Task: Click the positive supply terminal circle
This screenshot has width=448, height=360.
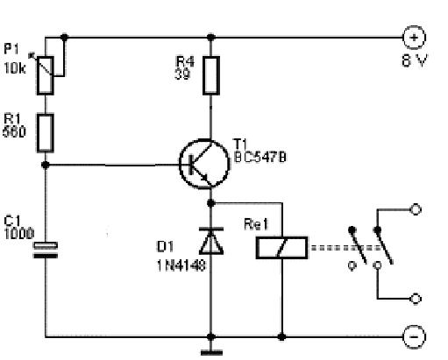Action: point(414,38)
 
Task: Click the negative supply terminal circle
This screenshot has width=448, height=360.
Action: point(414,337)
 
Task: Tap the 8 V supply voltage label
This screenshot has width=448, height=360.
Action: point(415,60)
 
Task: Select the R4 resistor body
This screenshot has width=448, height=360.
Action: point(211,75)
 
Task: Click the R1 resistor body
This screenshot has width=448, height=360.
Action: point(46,133)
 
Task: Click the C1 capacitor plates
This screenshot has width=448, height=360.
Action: point(46,251)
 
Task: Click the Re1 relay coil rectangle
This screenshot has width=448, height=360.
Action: point(281,248)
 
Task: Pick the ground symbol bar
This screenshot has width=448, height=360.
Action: point(211,353)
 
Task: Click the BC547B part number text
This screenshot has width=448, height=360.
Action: point(260,158)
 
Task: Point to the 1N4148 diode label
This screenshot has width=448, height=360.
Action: point(181,265)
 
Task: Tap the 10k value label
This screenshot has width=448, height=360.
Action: point(15,68)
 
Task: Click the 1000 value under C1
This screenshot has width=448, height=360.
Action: point(19,234)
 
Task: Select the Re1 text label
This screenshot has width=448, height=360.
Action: point(256,224)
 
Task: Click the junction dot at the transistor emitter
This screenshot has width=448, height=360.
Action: point(211,203)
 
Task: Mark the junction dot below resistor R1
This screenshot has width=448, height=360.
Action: point(46,165)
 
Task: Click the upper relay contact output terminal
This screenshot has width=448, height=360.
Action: point(416,209)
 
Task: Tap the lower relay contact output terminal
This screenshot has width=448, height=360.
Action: point(416,299)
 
